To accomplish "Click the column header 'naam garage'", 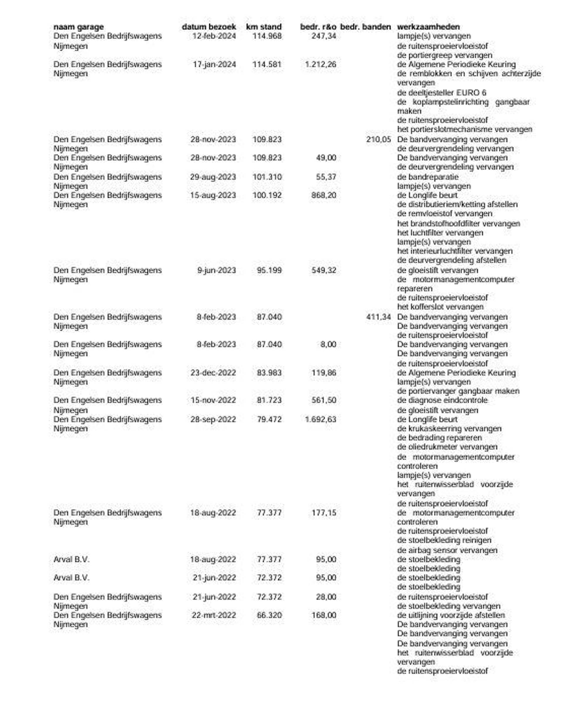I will [78, 27].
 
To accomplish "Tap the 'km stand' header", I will [263, 27].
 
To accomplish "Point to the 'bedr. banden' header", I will [365, 27].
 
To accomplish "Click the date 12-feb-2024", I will [214, 36].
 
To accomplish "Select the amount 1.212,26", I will [320, 64].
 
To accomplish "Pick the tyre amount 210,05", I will [378, 140].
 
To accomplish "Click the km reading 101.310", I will [267, 177].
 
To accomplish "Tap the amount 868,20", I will [324, 196].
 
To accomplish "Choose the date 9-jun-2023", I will [217, 270].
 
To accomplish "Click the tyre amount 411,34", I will [378, 317].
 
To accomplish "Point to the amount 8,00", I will [328, 345].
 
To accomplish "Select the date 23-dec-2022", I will [213, 373].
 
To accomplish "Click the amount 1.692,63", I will [320, 419].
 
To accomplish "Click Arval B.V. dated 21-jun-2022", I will [71, 578].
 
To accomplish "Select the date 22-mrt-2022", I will [214, 615].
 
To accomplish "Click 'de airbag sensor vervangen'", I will [447, 550].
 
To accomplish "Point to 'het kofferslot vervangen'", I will [440, 307].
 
